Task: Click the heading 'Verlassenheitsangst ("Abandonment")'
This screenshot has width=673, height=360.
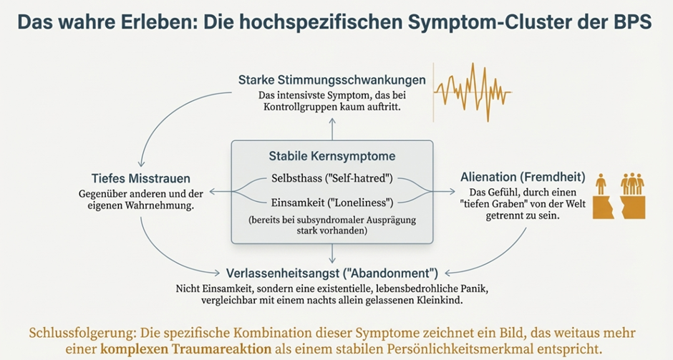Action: coord(331,272)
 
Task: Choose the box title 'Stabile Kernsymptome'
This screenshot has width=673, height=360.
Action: coord(331,156)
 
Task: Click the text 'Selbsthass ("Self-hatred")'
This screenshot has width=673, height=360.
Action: coord(331,177)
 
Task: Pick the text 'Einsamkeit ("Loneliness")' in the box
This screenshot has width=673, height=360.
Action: coord(331,200)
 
